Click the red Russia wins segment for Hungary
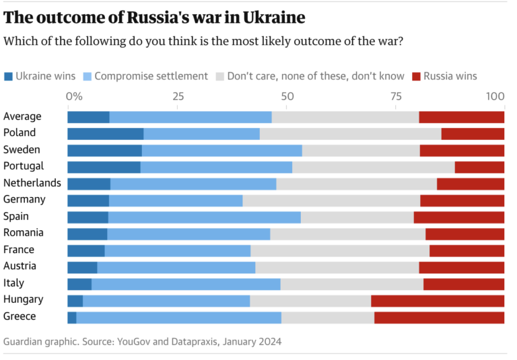(x=438, y=301)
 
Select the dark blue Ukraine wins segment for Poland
(x=106, y=134)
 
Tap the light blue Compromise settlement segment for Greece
(x=179, y=318)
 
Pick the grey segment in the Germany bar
(x=331, y=201)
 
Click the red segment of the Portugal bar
(x=479, y=167)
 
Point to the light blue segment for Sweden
(x=222, y=150)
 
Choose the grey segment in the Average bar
(x=345, y=117)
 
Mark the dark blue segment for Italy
(x=79, y=284)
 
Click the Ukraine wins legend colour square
(x=8, y=77)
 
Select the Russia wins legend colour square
(x=416, y=77)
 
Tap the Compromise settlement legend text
(x=151, y=76)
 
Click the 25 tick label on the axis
(x=178, y=96)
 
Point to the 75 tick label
(x=396, y=96)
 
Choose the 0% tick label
(x=73, y=96)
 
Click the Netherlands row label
(x=32, y=183)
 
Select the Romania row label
(x=24, y=233)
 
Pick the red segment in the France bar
(x=467, y=250)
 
